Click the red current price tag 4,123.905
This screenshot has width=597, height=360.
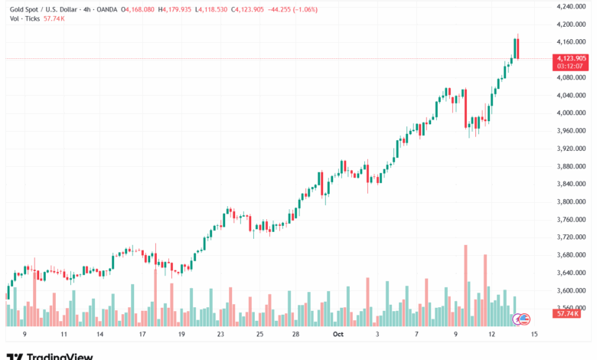click(572, 58)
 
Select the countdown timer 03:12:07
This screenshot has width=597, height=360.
click(572, 66)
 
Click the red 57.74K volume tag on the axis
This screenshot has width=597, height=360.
click(568, 314)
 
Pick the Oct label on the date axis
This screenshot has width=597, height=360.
click(337, 335)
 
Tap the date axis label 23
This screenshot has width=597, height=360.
click(220, 335)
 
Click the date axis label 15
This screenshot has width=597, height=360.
click(534, 335)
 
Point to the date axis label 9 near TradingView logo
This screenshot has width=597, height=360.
click(24, 335)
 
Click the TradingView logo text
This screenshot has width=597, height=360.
click(60, 356)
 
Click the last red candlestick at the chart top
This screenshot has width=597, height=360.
click(518, 48)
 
